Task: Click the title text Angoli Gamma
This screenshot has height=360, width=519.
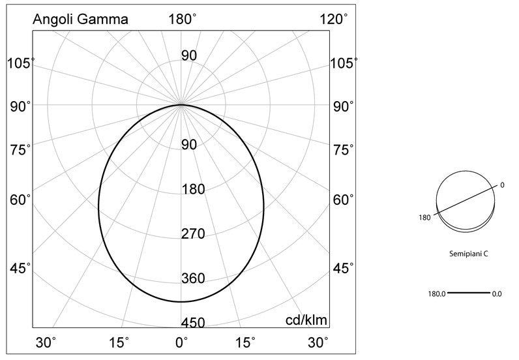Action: [80, 20]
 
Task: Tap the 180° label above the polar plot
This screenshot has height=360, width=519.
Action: [183, 19]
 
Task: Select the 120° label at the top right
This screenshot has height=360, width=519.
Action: [334, 19]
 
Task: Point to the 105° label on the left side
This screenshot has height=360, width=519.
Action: [20, 63]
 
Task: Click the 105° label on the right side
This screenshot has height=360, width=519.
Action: [344, 63]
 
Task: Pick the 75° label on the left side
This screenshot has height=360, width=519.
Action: [20, 150]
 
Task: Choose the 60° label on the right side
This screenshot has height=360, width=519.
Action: [343, 200]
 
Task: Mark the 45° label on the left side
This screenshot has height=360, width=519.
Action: [20, 268]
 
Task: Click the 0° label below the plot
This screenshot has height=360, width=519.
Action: [182, 342]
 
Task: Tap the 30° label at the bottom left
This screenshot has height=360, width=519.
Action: [46, 342]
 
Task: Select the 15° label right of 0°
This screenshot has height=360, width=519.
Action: [245, 342]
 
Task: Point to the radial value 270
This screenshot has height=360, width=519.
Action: [193, 234]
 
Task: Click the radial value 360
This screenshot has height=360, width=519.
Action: [193, 278]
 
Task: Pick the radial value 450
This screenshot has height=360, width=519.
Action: [193, 323]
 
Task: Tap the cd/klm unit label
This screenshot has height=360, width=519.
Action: [306, 320]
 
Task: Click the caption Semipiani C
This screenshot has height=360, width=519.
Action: [469, 254]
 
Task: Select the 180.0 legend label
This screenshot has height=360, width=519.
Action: [437, 293]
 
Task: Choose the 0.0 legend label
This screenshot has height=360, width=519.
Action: [497, 293]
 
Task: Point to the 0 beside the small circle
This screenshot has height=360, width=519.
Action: [502, 185]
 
